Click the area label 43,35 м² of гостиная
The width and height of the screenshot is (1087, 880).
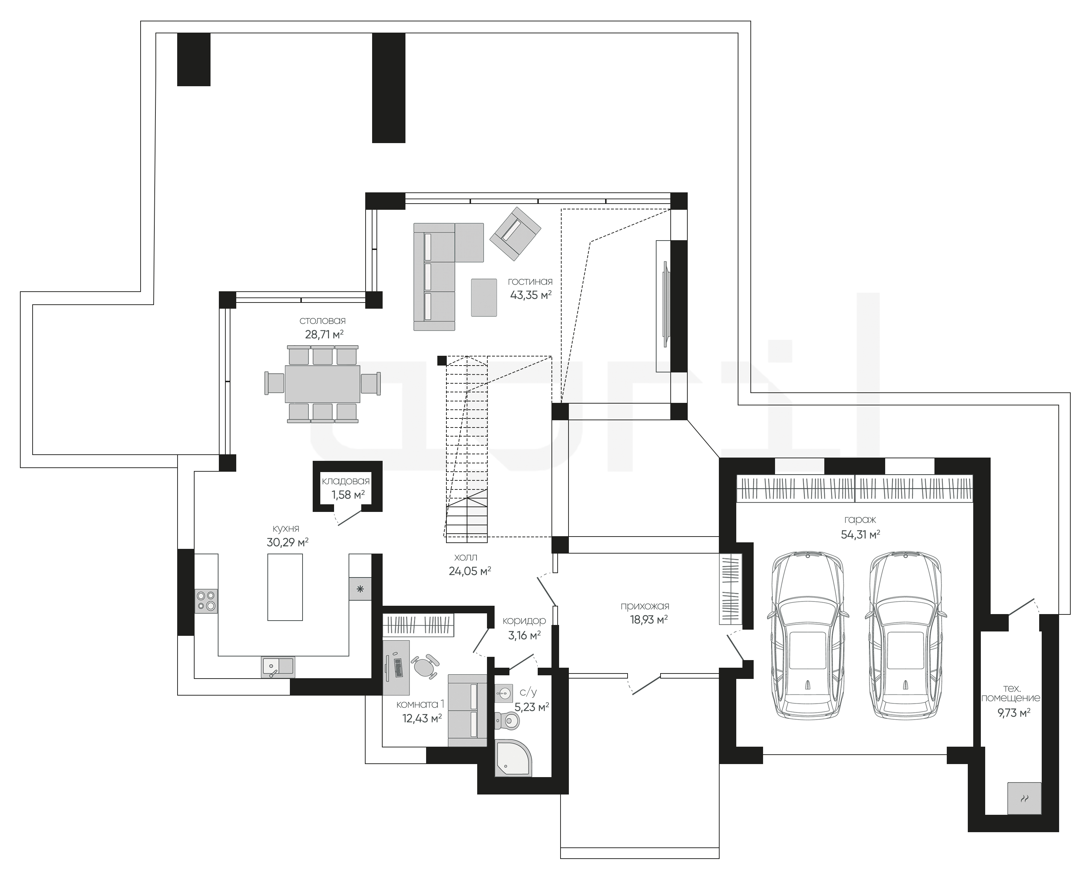click(x=531, y=295)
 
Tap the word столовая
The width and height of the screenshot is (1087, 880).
click(x=322, y=321)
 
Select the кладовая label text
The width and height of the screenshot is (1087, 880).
click(x=346, y=481)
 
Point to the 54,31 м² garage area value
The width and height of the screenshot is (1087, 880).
click(x=861, y=534)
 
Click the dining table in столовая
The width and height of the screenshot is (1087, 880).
click(x=322, y=384)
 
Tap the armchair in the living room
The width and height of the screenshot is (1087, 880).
click(x=516, y=234)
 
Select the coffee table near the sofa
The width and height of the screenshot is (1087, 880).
click(x=484, y=297)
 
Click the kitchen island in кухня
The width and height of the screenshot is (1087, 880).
click(x=285, y=587)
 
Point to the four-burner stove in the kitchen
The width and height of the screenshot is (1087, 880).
click(x=206, y=601)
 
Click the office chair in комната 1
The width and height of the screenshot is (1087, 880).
click(x=425, y=666)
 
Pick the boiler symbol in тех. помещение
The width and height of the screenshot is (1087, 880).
click(x=1024, y=813)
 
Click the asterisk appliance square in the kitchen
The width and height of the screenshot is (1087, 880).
click(x=360, y=589)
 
